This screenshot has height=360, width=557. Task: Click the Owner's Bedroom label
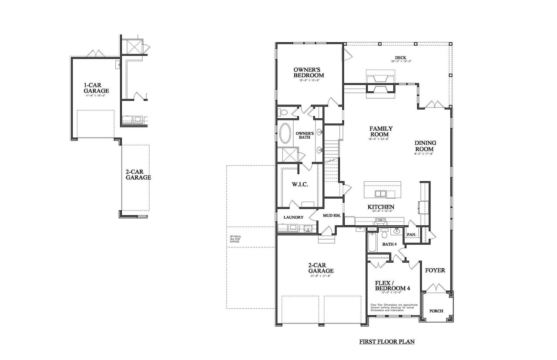point(309,72)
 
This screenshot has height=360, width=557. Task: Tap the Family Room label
point(381,131)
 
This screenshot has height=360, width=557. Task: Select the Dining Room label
point(425,146)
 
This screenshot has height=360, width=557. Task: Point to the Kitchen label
point(381,207)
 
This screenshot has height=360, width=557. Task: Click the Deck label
point(400,58)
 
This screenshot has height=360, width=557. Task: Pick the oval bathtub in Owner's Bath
point(286,133)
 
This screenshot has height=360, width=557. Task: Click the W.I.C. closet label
point(300,184)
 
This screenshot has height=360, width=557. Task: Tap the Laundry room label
point(293,217)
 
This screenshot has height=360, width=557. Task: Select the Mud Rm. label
point(331,215)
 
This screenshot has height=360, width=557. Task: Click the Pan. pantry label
point(411,235)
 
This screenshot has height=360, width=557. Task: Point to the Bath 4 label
point(389,244)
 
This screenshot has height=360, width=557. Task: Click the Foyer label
point(435,270)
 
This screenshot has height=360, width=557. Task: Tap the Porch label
point(436,311)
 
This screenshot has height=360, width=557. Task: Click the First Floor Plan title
point(386,342)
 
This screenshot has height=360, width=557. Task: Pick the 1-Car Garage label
point(96,88)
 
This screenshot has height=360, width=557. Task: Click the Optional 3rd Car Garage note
point(235,239)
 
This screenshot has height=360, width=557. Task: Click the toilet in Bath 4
point(384,235)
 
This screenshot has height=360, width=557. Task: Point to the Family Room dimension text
point(381,139)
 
